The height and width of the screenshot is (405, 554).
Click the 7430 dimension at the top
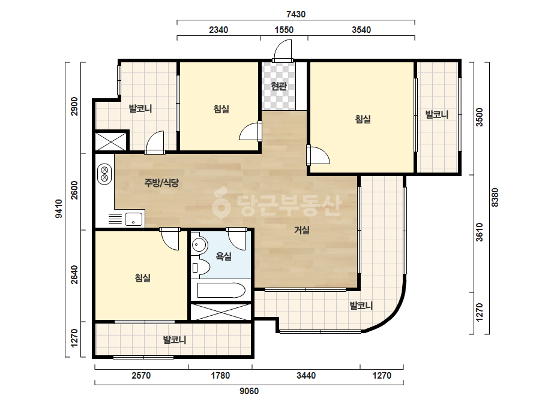296,14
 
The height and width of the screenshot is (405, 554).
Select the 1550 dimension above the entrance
284,29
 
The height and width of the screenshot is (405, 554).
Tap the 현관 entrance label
279,86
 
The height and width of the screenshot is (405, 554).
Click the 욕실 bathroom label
224,256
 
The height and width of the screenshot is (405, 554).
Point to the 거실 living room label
302,230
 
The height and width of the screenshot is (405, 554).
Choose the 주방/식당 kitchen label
161,183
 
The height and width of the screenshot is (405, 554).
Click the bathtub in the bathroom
221,291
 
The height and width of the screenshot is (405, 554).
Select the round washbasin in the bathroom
200,244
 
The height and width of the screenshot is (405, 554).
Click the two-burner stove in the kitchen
104,174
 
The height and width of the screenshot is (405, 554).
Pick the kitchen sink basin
134,219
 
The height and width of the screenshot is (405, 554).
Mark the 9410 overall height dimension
59,209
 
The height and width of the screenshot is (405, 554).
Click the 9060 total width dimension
249,391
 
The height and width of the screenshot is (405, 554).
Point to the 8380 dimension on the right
495,197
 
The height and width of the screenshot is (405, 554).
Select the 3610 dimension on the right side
479,232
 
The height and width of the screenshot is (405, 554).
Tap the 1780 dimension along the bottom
220,376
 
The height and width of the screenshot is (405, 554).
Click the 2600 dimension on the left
74,190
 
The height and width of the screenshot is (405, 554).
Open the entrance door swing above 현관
283,50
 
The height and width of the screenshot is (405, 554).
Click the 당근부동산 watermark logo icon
221,203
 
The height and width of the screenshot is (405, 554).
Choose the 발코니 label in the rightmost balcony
437,114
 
